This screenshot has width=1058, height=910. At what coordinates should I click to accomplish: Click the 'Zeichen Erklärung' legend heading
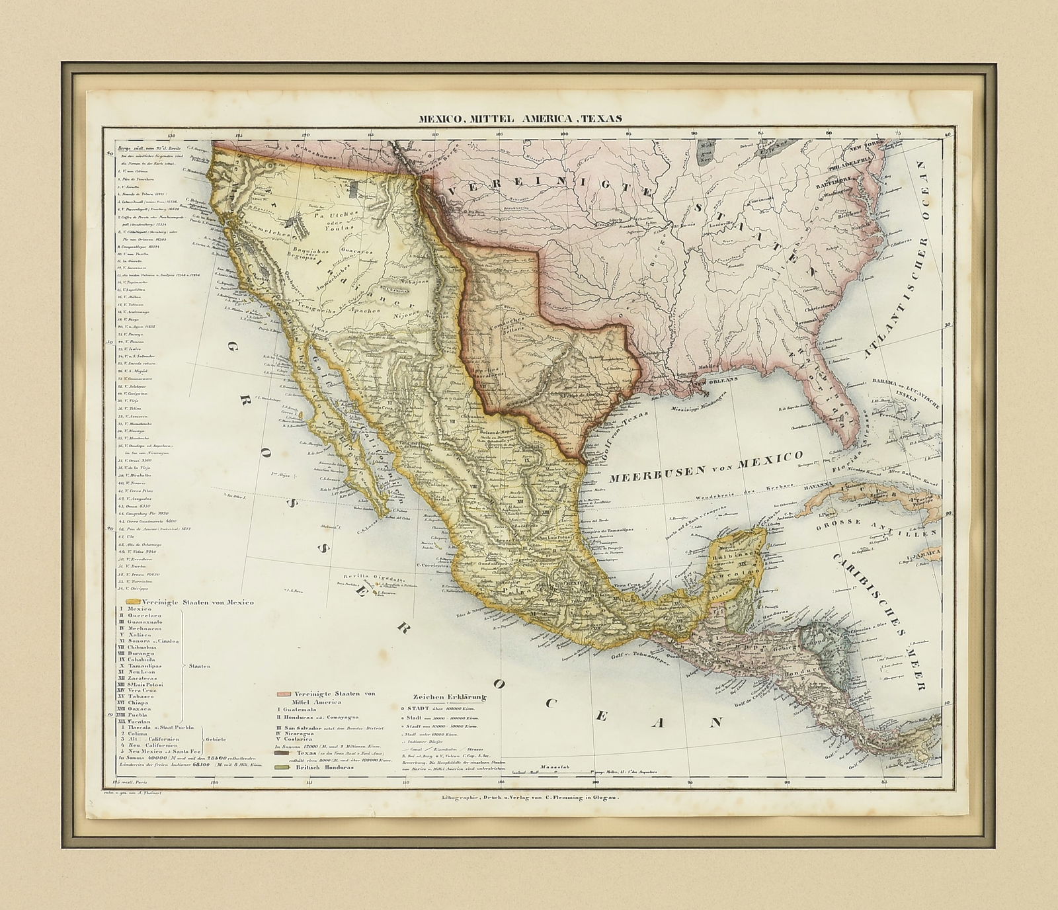[447, 697]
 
